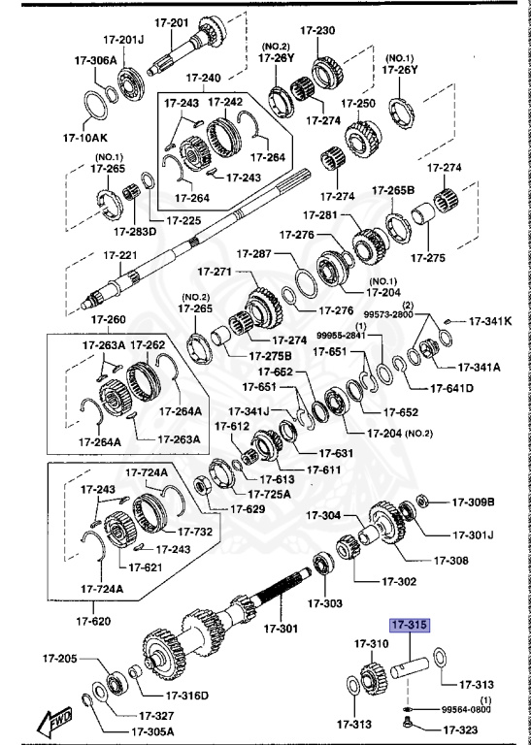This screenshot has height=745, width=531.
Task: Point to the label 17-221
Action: point(123,255)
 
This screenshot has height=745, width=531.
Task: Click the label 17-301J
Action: point(474,534)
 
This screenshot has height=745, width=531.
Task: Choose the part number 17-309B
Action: point(473,502)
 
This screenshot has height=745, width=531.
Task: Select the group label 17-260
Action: point(109,319)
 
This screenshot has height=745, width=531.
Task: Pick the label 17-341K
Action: point(490,320)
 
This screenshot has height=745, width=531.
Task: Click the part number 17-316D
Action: point(188,695)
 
